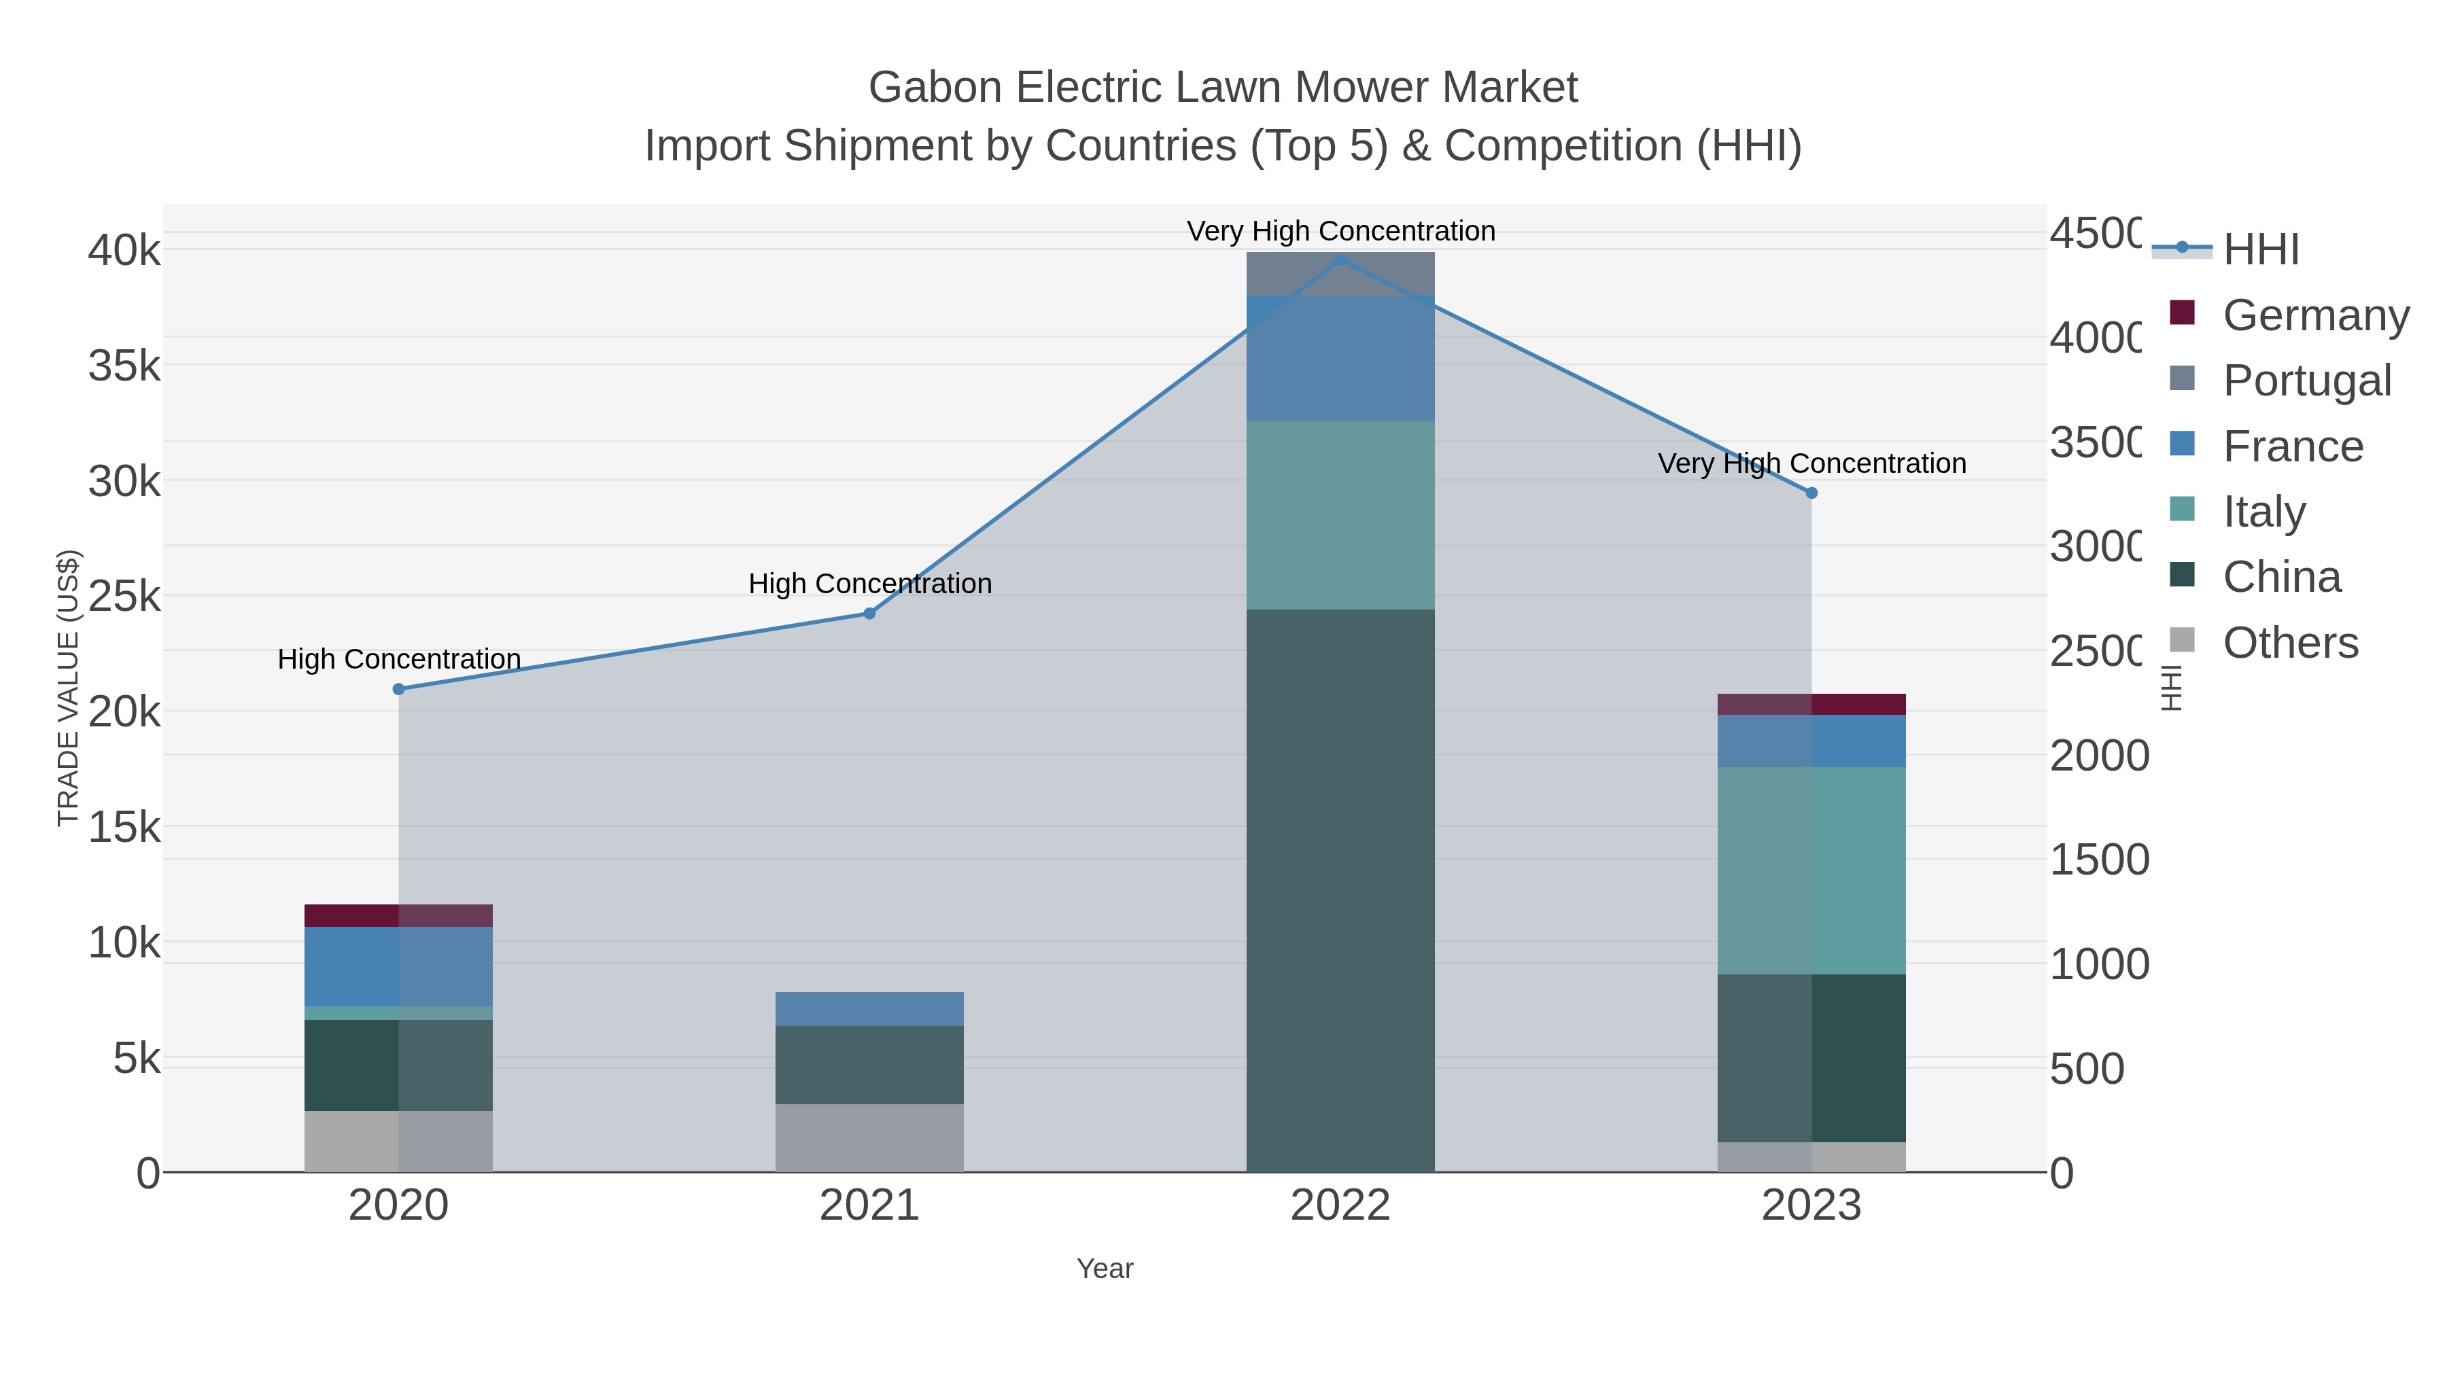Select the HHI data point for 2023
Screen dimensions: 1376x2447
click(1811, 493)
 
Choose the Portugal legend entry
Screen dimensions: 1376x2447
click(2306, 380)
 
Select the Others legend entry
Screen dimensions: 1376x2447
click(2289, 643)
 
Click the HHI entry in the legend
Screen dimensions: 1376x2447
click(2261, 249)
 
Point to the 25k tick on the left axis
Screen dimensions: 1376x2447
click(124, 597)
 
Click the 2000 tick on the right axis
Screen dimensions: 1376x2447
click(2098, 756)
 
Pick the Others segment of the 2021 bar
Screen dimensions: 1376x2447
click(869, 1137)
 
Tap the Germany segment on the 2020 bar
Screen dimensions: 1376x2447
click(398, 915)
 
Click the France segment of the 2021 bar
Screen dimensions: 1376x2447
click(869, 1008)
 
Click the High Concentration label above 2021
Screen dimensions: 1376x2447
click(870, 583)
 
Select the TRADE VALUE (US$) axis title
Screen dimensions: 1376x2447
click(69, 688)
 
